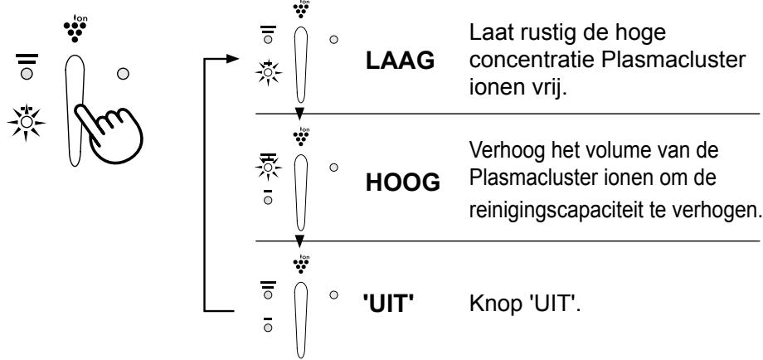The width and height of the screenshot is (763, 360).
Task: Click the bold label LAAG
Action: coord(400,61)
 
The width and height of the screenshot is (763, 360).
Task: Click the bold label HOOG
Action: coord(402,183)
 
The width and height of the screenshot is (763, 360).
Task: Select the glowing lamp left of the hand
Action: coord(27,122)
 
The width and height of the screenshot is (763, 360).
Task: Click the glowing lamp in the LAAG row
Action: coord(268,73)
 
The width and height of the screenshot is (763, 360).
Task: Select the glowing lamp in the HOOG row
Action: coord(268,167)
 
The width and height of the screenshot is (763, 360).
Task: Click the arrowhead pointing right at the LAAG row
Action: coord(232,59)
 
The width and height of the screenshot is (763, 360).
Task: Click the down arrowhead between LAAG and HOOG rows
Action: coord(299,114)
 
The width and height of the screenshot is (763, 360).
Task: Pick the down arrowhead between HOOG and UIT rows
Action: coord(299,241)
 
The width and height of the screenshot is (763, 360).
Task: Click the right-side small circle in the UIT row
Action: coord(333,294)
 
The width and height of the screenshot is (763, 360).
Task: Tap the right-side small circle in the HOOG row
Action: coord(333,168)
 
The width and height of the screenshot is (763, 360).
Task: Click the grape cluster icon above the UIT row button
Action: coord(302,264)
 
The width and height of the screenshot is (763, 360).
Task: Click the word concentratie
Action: coord(532,61)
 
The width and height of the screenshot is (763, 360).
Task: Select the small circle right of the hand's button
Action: coord(123,74)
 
